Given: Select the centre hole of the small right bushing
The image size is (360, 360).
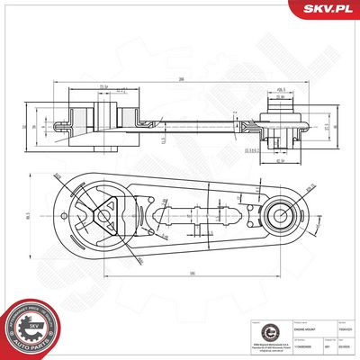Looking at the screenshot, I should point(278,216).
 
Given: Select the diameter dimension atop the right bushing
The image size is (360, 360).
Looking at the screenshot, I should point(281,89).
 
